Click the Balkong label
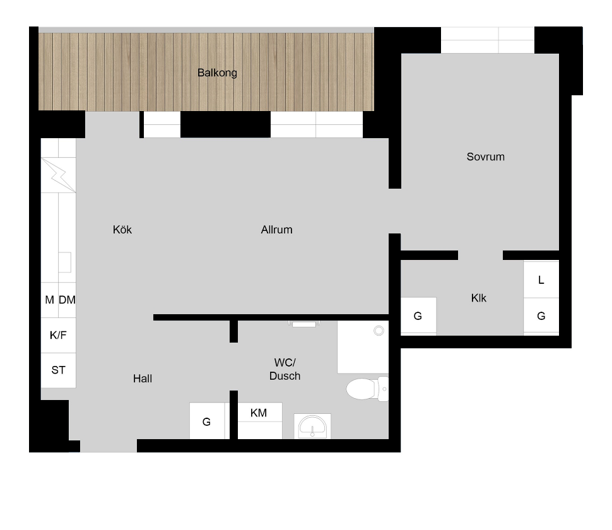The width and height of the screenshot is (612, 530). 217,73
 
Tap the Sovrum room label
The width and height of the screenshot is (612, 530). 486,157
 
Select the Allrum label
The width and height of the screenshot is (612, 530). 276,230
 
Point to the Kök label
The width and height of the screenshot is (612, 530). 122,230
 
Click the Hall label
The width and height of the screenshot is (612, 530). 143,379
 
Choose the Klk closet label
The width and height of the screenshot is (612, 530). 478,298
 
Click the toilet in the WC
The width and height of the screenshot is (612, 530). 367,389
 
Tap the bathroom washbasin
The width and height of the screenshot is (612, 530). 312,426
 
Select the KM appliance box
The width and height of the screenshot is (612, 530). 259,420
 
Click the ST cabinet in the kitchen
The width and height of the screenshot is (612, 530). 59,370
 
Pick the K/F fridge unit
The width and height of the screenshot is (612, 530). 59,335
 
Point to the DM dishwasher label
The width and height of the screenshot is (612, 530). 67,300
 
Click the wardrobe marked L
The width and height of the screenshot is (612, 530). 541,280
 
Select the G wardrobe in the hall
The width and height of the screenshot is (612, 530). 207,421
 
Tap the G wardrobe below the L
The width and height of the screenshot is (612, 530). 541,316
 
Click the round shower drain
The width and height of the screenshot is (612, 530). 379,331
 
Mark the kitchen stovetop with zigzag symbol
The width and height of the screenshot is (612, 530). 59,175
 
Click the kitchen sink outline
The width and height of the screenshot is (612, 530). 65,262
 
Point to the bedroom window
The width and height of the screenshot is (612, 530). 488,40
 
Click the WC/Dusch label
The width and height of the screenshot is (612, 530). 285,369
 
